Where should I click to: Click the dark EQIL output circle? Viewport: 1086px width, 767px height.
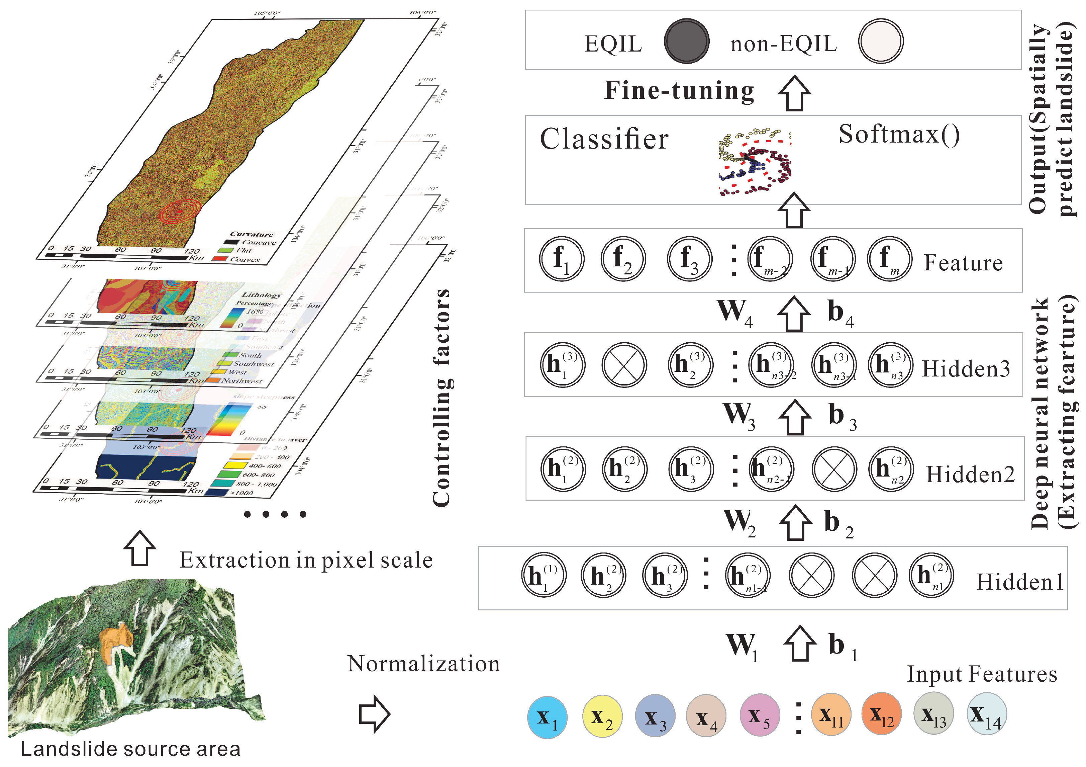686,41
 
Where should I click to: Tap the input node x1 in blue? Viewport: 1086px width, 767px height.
547,717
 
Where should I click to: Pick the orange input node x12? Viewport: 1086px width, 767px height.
881,713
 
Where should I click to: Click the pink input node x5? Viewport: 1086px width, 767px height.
760,715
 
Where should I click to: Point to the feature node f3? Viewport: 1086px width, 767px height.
690,259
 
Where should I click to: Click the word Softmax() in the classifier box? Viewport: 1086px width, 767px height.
899,135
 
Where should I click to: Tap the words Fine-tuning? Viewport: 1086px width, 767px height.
679,91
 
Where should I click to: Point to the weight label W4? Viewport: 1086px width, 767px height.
734,312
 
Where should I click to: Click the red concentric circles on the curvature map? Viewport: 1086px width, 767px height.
180,211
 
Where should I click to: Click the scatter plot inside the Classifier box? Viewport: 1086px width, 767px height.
755,162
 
